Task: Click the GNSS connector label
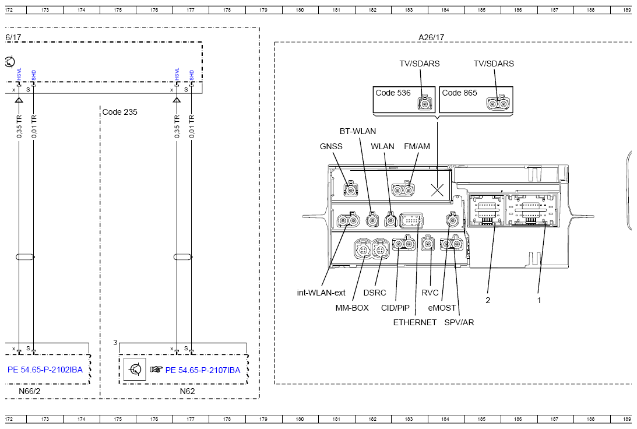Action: click(x=331, y=146)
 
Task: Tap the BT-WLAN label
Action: click(x=358, y=131)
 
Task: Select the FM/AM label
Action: click(x=417, y=146)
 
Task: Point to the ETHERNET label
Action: click(x=415, y=322)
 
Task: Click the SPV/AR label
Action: click(x=459, y=322)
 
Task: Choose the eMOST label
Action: click(x=442, y=308)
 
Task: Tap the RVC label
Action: click(x=430, y=293)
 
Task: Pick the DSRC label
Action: click(x=375, y=293)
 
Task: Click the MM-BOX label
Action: click(x=352, y=308)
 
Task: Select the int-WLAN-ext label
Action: click(x=321, y=293)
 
